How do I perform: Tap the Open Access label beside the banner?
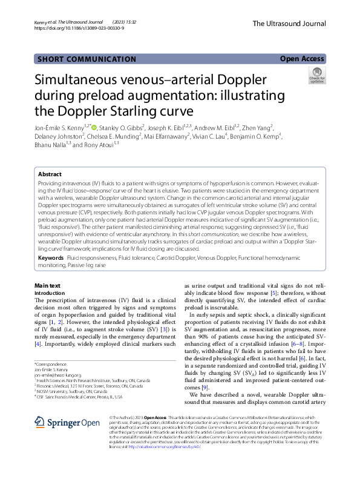tap(302, 59)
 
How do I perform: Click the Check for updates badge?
tap(316, 76)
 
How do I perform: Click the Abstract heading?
tap(50, 174)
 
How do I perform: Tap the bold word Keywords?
tap(51, 258)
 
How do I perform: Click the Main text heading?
tap(47, 285)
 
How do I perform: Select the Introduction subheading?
tap(51, 292)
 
